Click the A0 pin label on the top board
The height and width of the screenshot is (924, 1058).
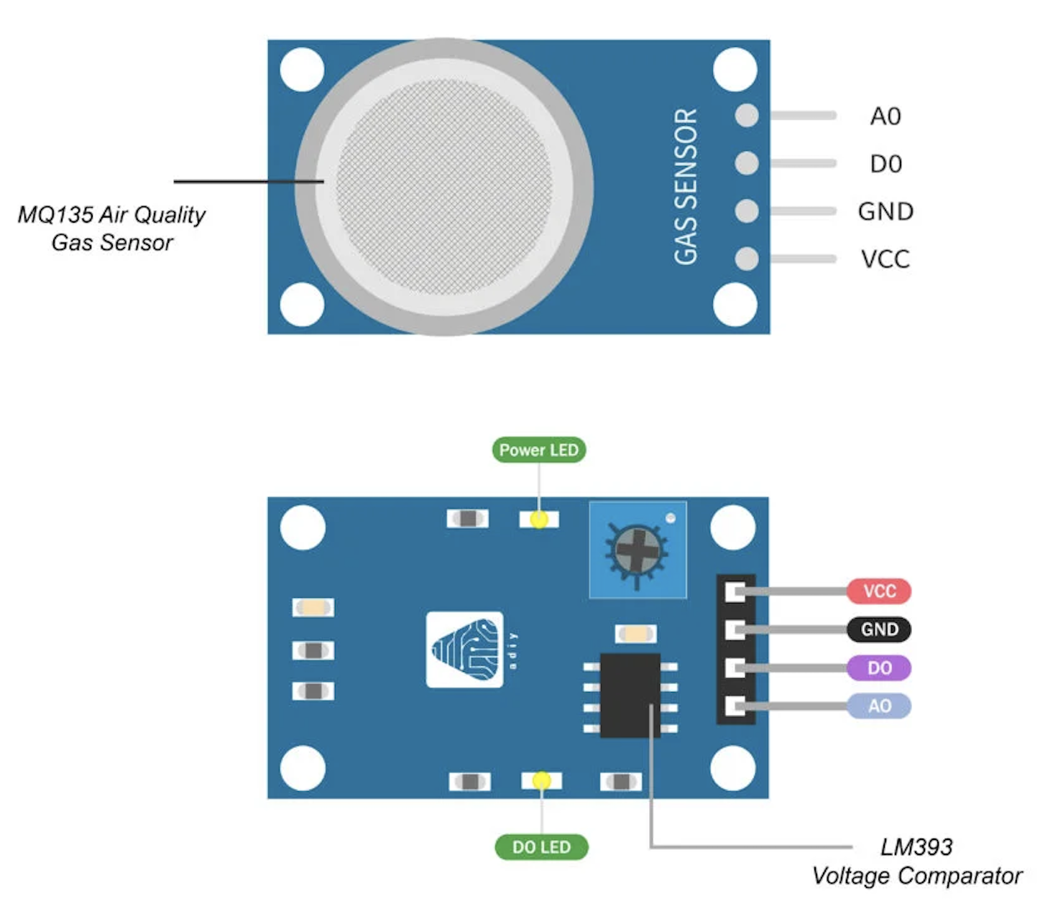coord(885,116)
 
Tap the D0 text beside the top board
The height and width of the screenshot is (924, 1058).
coord(885,164)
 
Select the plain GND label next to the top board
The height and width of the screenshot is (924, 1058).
coord(885,211)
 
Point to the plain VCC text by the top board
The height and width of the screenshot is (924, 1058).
coord(885,259)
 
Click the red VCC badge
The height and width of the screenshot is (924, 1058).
coord(879,591)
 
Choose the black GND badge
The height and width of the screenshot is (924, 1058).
coord(879,629)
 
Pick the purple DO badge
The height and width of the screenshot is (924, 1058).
coord(879,668)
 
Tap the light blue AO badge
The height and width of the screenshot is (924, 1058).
coord(879,706)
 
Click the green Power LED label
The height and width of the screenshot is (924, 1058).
coord(539,451)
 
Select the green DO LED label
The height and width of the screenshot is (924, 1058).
coord(541,847)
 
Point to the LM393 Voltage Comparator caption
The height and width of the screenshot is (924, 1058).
coord(916,861)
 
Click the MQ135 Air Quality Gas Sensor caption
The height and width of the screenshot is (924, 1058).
coord(112,228)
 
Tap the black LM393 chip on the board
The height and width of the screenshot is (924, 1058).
coord(630,696)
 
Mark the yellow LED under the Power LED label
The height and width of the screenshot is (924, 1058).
coord(539,519)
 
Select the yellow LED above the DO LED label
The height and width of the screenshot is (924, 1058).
coord(541,780)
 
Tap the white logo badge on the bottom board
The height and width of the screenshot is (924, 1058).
coord(465,650)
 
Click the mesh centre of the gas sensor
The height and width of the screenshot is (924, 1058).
coord(444,187)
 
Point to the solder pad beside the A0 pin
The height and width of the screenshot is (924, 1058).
coord(747,116)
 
